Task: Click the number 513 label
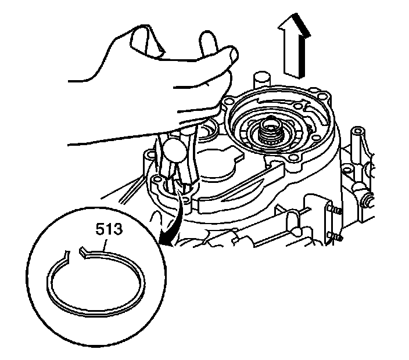tap(110, 230)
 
